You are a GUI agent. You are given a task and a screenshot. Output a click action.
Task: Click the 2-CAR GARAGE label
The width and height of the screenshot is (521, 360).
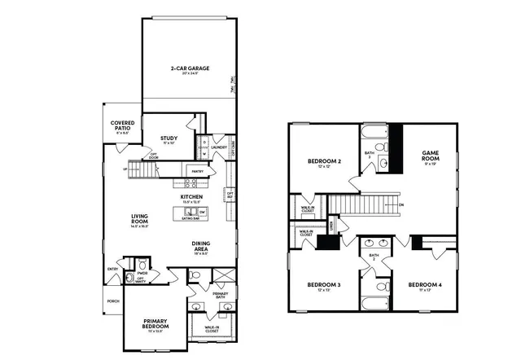coord(185,68)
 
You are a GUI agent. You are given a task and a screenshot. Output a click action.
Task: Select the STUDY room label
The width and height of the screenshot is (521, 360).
coord(169,138)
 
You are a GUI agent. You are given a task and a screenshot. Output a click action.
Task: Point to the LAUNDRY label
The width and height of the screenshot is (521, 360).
coord(218,147)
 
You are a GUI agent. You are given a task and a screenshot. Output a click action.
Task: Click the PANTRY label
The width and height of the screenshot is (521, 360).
coord(196,172)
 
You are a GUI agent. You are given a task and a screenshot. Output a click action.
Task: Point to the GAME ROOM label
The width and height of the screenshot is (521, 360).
coord(431,155)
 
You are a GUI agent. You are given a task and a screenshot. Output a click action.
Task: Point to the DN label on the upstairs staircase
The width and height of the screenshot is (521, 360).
coord(401,204)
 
